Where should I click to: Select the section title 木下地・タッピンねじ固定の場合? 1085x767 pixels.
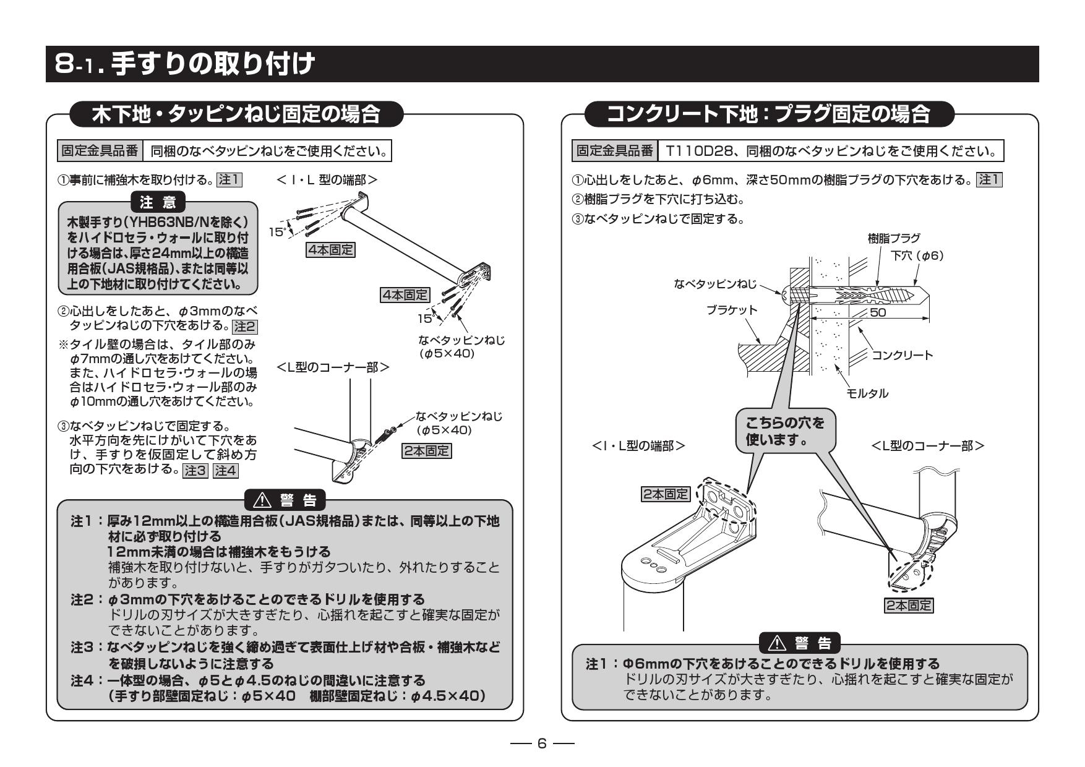tap(236, 114)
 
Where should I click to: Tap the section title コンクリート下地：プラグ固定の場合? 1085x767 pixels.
tap(769, 114)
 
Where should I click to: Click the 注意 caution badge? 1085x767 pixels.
tap(158, 202)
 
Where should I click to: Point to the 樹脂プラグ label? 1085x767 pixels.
tap(894, 238)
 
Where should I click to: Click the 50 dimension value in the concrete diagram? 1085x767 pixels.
tap(877, 312)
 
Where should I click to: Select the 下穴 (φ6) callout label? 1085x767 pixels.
tap(917, 255)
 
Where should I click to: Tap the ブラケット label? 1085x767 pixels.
tap(732, 310)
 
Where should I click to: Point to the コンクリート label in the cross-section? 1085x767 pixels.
tap(903, 355)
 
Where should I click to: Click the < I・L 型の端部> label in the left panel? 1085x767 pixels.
tap(328, 180)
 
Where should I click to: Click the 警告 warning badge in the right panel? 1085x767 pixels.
tap(799, 644)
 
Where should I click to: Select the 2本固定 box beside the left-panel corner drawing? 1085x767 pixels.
tap(427, 451)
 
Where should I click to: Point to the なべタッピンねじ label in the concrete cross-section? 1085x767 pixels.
tap(715, 284)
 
